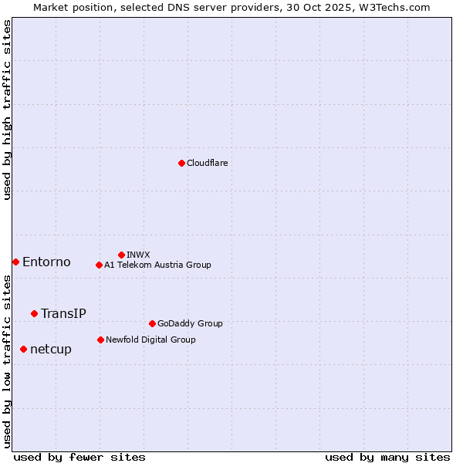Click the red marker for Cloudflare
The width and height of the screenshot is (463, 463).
pyautogui.click(x=181, y=163)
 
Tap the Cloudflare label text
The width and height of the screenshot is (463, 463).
pyautogui.click(x=207, y=163)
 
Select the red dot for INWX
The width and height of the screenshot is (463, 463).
pyautogui.click(x=121, y=255)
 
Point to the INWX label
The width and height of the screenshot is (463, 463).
pyautogui.click(x=138, y=255)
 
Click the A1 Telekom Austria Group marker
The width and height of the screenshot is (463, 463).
pyautogui.click(x=99, y=265)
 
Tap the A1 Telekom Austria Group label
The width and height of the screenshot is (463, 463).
pyautogui.click(x=157, y=265)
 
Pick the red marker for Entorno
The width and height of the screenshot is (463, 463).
pyautogui.click(x=15, y=262)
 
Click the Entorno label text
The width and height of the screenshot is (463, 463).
pyautogui.click(x=46, y=262)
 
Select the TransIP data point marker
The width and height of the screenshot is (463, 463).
pyautogui.click(x=34, y=313)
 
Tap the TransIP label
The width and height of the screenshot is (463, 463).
pyautogui.click(x=63, y=313)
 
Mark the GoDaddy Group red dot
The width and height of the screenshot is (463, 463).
pyautogui.click(x=152, y=323)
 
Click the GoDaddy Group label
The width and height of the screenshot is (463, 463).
pyautogui.click(x=190, y=323)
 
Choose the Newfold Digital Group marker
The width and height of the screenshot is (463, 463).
pyautogui.click(x=100, y=340)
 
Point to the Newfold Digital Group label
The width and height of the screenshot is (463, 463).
pyautogui.click(x=150, y=340)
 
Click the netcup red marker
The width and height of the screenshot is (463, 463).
pyautogui.click(x=23, y=349)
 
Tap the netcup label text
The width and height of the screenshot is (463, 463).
pyautogui.click(x=51, y=349)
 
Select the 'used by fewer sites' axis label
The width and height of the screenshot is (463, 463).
pyautogui.click(x=79, y=457)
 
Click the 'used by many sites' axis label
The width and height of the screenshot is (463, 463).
pyautogui.click(x=387, y=457)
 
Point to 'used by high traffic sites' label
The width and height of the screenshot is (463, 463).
pyautogui.click(x=7, y=110)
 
